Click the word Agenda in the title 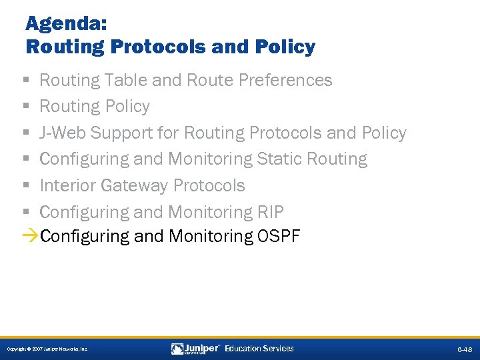[63, 24]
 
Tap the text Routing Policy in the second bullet [95, 107]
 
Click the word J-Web [63, 133]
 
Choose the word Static [279, 159]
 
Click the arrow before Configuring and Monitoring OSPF [30, 236]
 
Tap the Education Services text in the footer [259, 349]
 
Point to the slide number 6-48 [464, 349]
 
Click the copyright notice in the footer [47, 349]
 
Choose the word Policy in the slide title [285, 47]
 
